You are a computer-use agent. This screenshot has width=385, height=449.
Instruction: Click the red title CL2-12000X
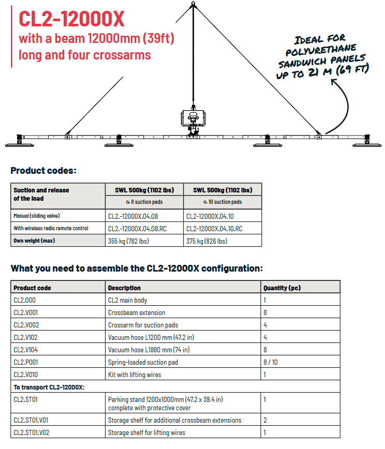(x=71, y=19)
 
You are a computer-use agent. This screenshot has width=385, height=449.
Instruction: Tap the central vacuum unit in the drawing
(x=194, y=118)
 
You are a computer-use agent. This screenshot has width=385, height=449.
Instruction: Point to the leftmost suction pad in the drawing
(x=20, y=141)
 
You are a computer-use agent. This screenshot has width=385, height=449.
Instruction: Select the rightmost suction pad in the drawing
(x=367, y=141)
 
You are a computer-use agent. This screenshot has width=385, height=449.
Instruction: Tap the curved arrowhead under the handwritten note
(x=333, y=82)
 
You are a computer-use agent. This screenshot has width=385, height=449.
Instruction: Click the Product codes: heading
(x=43, y=171)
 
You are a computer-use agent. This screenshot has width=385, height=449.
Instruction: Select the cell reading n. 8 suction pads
(x=144, y=202)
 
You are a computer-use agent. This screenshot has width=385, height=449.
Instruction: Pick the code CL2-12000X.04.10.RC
(x=214, y=229)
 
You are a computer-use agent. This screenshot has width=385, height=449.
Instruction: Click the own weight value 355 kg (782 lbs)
(x=128, y=241)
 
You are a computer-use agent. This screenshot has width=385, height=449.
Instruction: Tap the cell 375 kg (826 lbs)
(x=206, y=241)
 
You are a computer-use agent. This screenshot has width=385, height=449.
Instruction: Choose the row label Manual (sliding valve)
(x=37, y=216)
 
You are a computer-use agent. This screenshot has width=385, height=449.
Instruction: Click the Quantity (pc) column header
(x=282, y=288)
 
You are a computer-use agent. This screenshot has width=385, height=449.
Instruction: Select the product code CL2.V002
(x=26, y=325)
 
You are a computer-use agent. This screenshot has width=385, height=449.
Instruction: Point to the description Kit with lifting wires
(x=135, y=375)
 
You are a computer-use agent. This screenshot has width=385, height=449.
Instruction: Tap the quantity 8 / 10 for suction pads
(x=271, y=362)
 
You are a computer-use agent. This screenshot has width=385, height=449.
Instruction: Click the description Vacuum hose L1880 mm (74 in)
(x=149, y=350)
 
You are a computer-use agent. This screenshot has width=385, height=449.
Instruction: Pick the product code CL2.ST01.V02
(x=31, y=432)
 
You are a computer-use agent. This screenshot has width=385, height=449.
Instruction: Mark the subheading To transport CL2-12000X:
(x=49, y=387)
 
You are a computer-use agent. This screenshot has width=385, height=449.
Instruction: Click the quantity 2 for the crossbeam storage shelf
(x=265, y=421)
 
